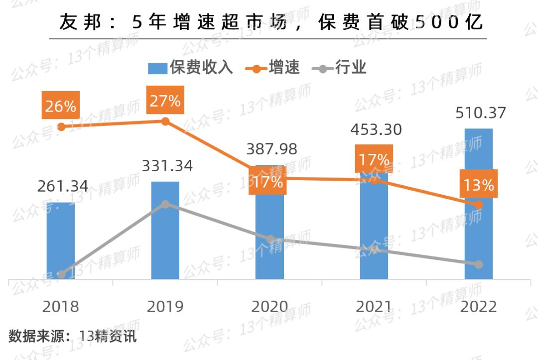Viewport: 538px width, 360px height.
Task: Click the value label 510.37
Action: [481, 113]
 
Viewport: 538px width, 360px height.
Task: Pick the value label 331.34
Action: [167, 166]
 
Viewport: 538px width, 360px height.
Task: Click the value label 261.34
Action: [63, 186]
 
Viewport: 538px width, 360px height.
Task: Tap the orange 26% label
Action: [61, 106]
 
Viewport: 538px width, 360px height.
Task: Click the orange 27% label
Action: [165, 101]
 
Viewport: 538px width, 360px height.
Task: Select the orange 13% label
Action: [479, 185]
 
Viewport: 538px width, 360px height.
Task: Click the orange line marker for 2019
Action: [166, 121]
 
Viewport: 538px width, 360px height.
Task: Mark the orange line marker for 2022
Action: [479, 205]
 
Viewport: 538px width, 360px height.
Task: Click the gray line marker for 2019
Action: [166, 204]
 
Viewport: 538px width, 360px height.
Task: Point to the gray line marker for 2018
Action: [61, 274]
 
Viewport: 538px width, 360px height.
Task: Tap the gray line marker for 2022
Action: [479, 264]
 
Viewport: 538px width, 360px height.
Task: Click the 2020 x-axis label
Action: [269, 307]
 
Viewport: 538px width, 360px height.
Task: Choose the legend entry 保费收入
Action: [191, 68]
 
